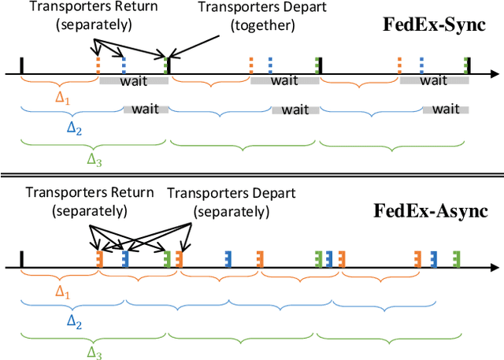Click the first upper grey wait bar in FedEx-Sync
(133, 80)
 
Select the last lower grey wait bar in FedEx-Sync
(446, 109)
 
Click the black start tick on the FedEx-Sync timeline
(21, 65)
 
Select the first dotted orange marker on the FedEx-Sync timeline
(98, 64)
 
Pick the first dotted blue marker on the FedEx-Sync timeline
(124, 64)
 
